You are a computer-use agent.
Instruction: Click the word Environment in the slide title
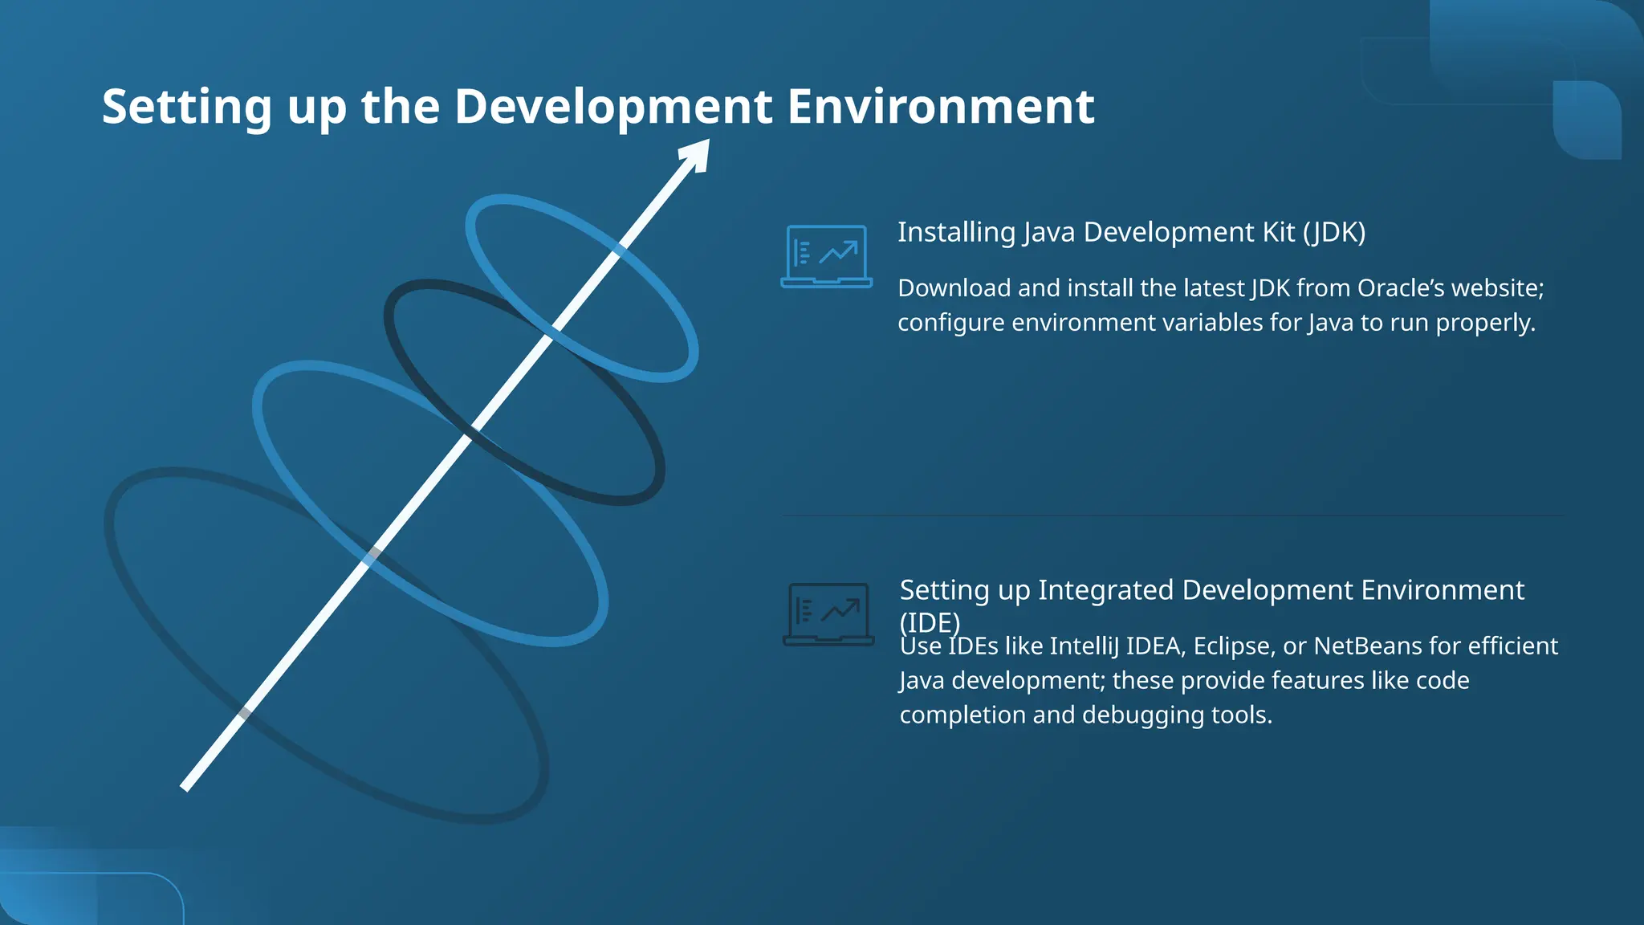[x=940, y=106]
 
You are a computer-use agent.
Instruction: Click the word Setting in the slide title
[x=186, y=108]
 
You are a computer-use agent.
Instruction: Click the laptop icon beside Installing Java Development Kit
[x=826, y=256]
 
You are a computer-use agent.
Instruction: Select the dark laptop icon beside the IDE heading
[x=828, y=614]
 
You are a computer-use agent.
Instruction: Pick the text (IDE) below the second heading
[x=929, y=622]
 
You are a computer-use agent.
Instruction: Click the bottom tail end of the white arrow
[x=186, y=786]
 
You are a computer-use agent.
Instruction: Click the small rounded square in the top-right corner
[x=1587, y=120]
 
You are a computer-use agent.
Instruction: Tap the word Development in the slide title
[x=613, y=106]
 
